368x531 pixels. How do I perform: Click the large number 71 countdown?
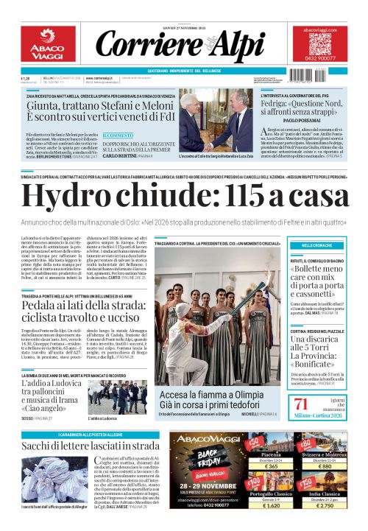click(x=301, y=403)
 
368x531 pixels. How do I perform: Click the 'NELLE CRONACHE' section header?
click(x=317, y=244)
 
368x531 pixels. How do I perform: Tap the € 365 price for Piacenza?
click(x=271, y=466)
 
